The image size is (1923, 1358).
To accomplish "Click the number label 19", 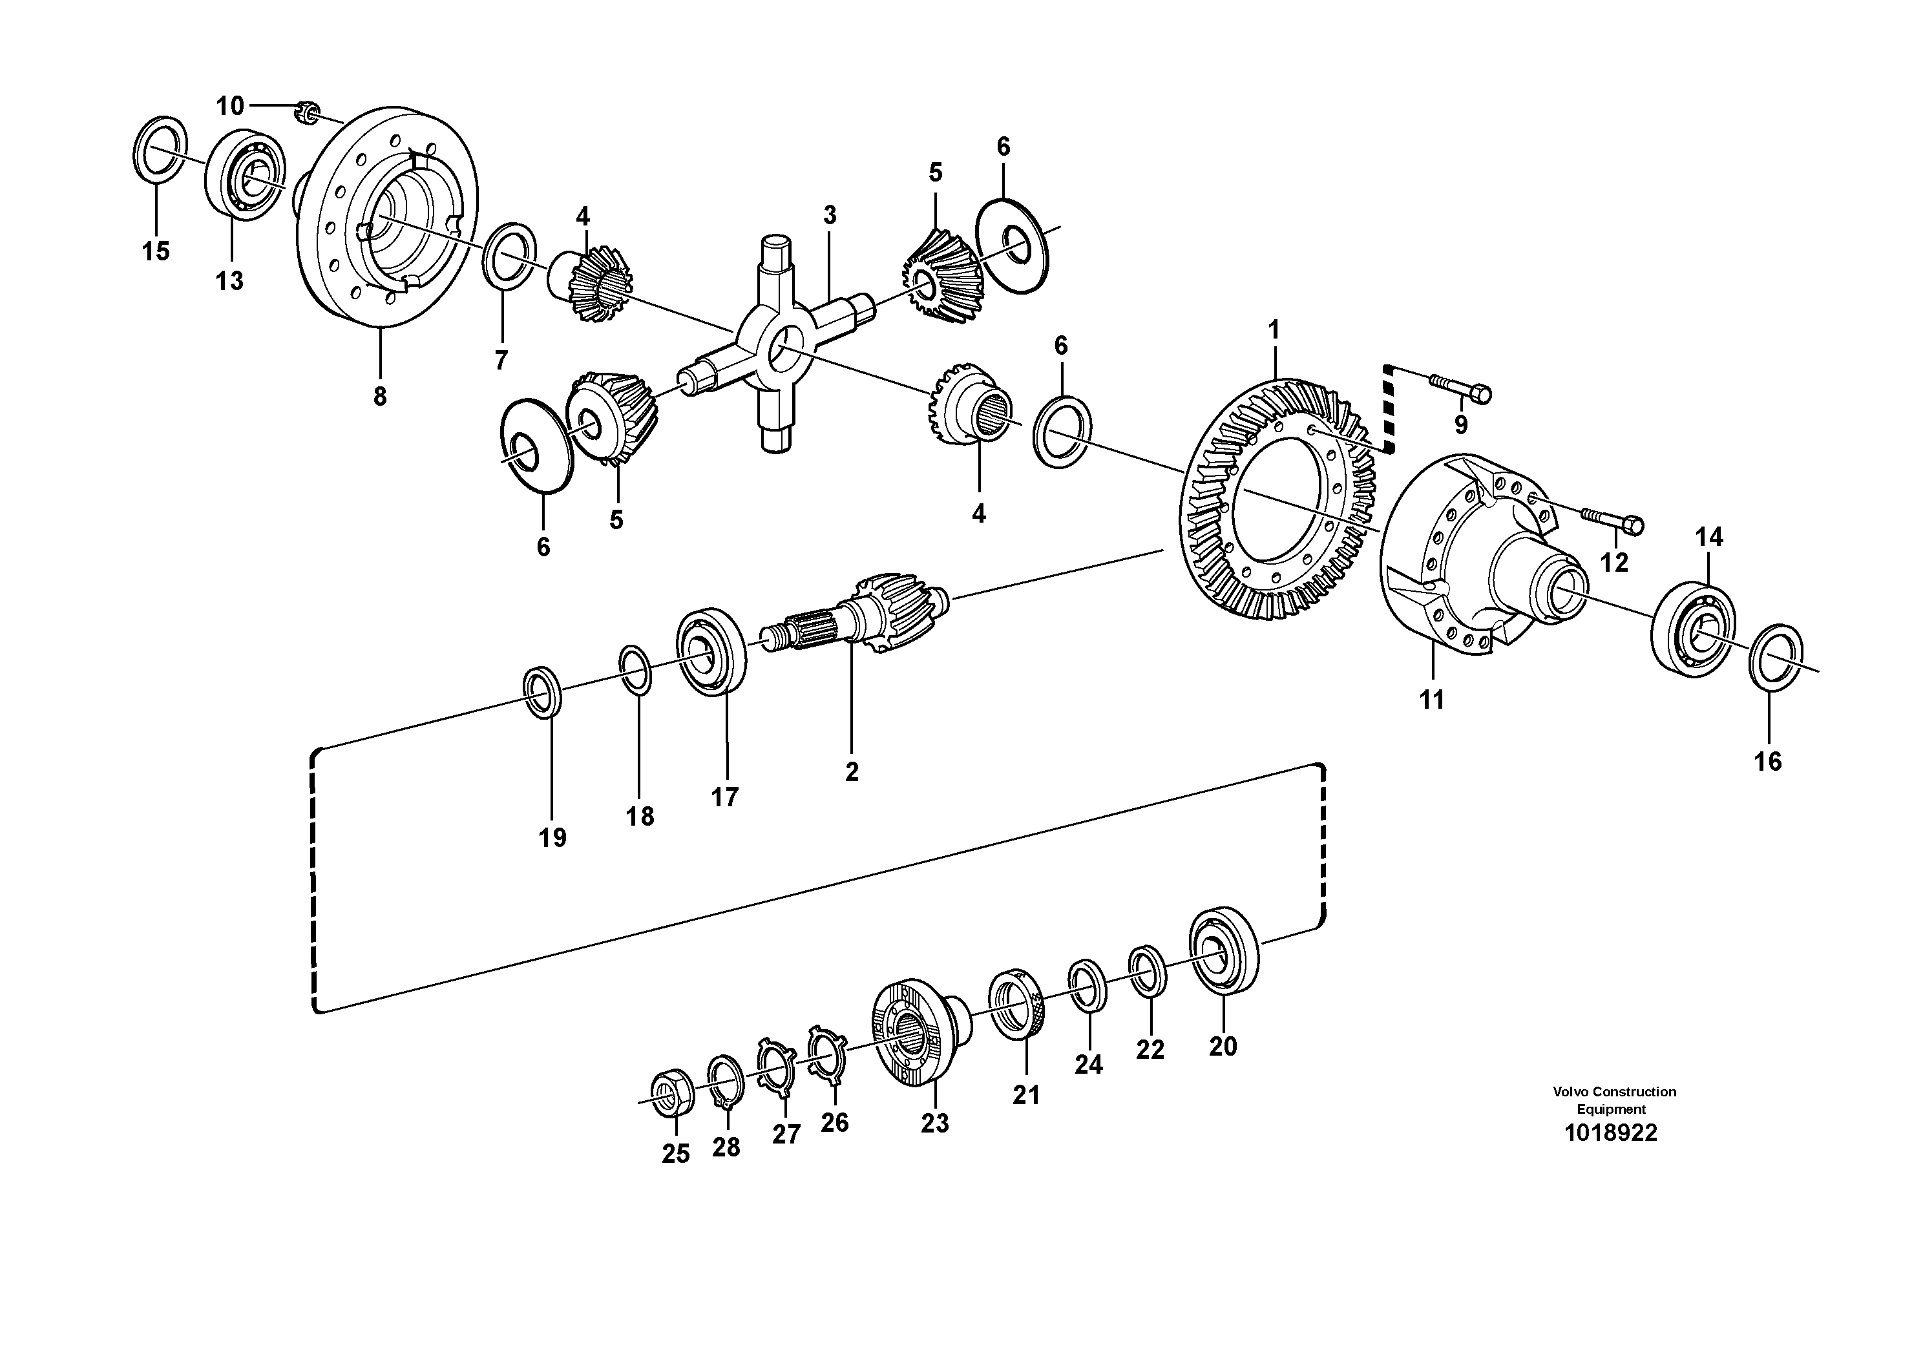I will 552,837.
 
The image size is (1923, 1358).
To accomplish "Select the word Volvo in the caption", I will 1571,1092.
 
